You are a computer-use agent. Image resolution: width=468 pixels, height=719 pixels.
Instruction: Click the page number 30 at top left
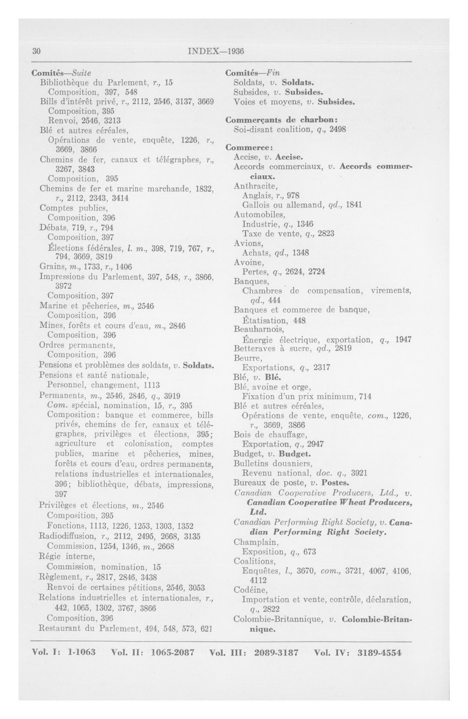click(36, 51)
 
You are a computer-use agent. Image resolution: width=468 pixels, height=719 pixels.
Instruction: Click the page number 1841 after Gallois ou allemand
click(353, 205)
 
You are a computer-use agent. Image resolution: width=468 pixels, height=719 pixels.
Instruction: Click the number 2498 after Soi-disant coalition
click(337, 130)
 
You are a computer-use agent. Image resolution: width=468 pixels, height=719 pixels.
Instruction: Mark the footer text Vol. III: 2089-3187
click(254, 652)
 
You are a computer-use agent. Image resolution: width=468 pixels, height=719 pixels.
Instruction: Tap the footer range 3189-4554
click(379, 652)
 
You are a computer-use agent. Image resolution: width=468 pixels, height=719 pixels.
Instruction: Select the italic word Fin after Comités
click(273, 73)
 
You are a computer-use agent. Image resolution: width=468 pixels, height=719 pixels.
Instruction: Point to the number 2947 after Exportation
click(315, 444)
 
